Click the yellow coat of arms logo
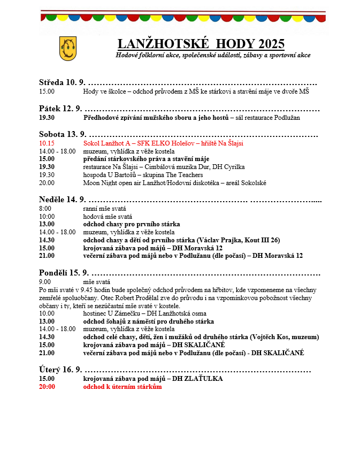click(x=68, y=48)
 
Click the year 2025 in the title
click(x=271, y=44)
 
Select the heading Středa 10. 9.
click(x=62, y=82)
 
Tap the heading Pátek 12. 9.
click(x=60, y=109)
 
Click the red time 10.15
click(x=47, y=143)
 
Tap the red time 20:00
click(x=47, y=387)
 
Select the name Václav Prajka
click(x=217, y=240)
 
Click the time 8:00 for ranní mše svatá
click(x=45, y=209)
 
